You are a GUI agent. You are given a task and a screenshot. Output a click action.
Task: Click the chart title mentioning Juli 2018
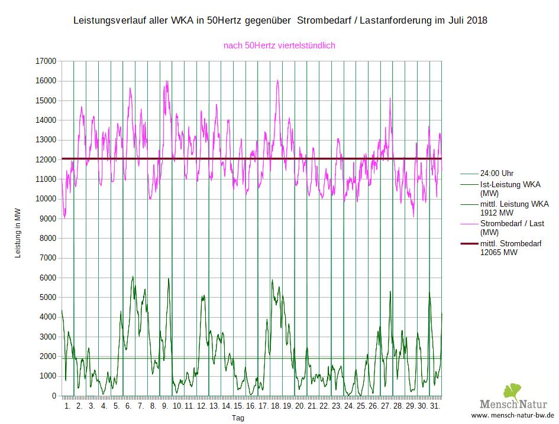(x=280, y=21)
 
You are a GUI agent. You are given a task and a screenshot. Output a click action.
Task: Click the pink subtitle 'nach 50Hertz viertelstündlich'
(x=280, y=45)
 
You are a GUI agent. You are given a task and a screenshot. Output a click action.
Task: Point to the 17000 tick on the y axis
(x=46, y=61)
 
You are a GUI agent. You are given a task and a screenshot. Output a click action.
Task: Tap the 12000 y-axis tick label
(x=46, y=159)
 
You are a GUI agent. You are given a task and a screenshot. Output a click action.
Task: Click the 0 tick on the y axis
(x=54, y=396)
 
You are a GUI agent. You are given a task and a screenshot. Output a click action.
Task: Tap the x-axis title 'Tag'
(x=237, y=418)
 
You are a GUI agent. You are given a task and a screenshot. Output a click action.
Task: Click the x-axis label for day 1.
(x=67, y=407)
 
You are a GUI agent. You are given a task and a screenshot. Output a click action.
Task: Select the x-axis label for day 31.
(x=434, y=407)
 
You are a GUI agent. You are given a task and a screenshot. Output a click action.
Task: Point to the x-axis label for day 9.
(x=165, y=407)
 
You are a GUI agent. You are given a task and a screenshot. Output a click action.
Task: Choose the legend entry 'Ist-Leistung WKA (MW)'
(x=509, y=188)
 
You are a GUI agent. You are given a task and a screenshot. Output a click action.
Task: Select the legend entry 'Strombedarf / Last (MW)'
(x=512, y=227)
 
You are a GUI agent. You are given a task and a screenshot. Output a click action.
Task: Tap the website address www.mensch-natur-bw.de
(x=512, y=415)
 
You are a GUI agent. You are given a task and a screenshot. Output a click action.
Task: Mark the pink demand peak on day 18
(x=277, y=80)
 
